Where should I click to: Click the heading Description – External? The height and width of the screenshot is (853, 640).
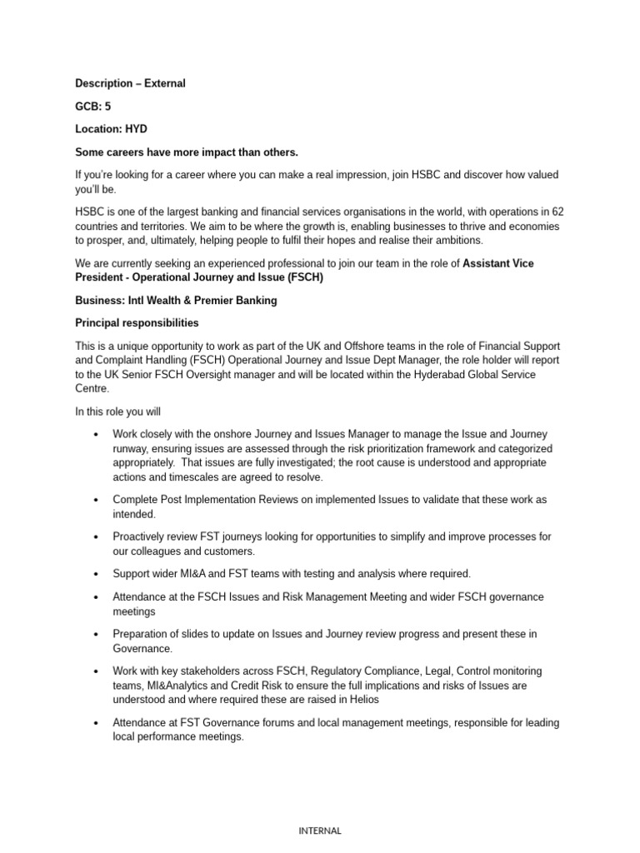click(130, 83)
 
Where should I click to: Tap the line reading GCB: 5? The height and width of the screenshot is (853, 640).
click(93, 107)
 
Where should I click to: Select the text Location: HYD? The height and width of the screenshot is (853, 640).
click(111, 130)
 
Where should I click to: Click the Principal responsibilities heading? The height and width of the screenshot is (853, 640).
click(137, 322)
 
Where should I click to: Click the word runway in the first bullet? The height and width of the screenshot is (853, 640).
click(131, 448)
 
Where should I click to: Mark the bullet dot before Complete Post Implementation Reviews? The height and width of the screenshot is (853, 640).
click(97, 500)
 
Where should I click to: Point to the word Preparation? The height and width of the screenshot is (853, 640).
click(142, 634)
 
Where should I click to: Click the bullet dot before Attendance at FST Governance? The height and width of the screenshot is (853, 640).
click(97, 723)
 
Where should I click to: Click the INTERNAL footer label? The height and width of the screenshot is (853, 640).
click(319, 831)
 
